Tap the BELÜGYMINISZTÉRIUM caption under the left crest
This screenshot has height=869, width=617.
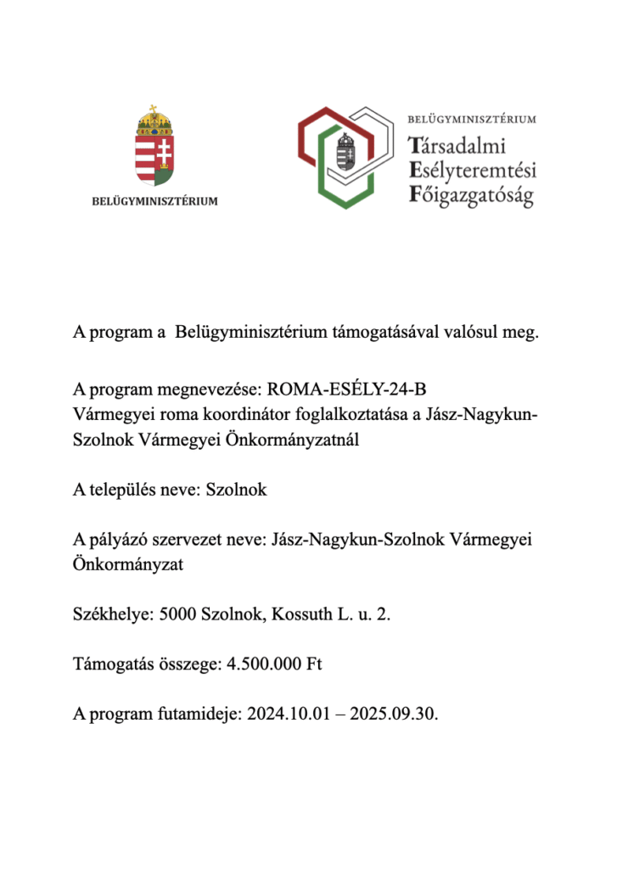tap(154, 201)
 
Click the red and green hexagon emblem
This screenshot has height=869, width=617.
tap(344, 158)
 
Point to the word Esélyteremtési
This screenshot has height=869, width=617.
tap(472, 171)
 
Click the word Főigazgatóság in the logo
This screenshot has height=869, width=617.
tap(471, 196)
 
